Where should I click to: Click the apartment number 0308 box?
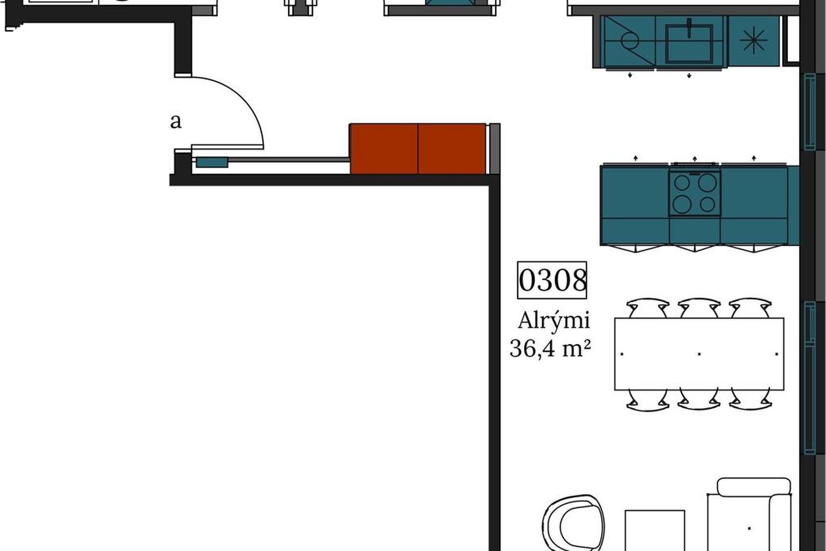point(552,280)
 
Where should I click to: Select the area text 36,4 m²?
point(550,349)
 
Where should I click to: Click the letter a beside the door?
point(176,122)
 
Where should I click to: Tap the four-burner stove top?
point(694,193)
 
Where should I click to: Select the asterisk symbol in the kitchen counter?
point(753,40)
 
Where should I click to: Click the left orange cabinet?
point(384,149)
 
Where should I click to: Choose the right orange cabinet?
point(452,149)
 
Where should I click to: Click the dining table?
point(699,354)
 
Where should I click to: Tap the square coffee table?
point(654,531)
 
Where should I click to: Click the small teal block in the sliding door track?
point(212,162)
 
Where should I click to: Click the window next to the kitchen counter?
point(810,111)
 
